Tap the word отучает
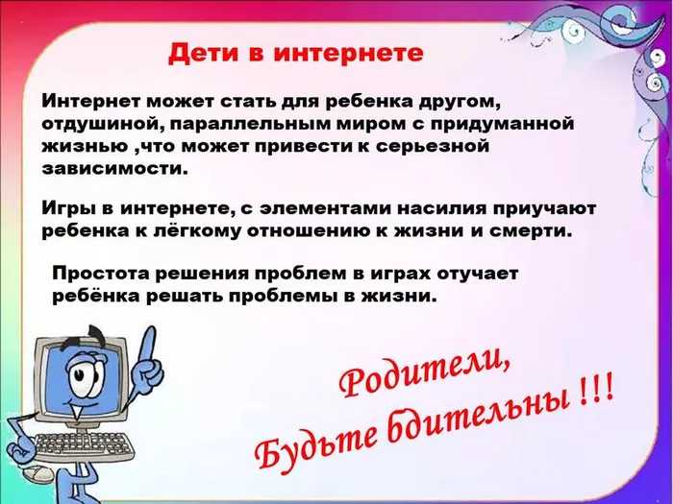tap(475, 275)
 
